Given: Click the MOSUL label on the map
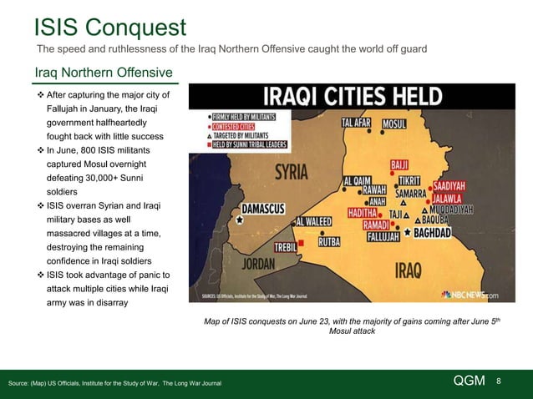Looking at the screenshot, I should tap(400, 124).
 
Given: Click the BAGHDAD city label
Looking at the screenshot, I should tap(433, 232).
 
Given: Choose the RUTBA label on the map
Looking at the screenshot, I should tap(333, 242).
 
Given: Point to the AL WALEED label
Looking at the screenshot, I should tap(317, 222).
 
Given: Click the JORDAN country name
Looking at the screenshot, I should tap(259, 263).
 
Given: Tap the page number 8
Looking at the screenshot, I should tap(499, 381).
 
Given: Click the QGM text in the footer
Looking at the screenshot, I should tap(469, 381).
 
